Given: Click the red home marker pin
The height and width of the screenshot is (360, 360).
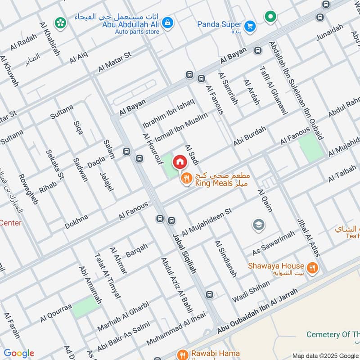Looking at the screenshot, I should click(x=180, y=161).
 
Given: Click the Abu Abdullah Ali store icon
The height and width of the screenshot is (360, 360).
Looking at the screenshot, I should click(x=167, y=22).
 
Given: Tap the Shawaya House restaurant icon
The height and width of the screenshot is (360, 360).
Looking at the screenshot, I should click(x=313, y=269).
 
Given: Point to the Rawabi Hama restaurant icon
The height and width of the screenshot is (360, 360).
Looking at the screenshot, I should click(x=182, y=354).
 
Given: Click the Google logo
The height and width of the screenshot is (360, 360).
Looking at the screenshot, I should click(x=18, y=353).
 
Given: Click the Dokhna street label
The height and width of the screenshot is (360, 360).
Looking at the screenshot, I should click(x=76, y=222).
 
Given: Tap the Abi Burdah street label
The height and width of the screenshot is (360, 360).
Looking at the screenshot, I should click(x=250, y=136).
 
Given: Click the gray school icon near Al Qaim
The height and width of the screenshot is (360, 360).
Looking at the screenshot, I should click(x=259, y=225).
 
